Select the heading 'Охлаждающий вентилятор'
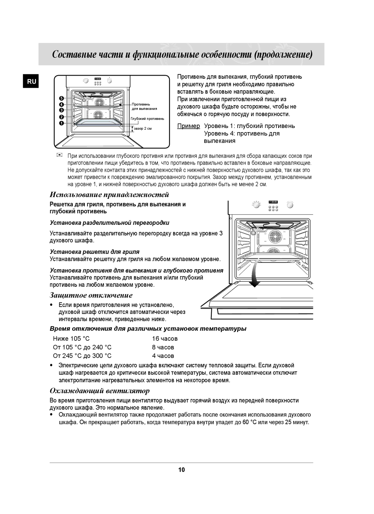(x=100, y=391)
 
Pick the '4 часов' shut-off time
(x=163, y=356)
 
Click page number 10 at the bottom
(x=181, y=469)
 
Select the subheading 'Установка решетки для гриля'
(x=95, y=251)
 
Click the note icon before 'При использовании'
(x=60, y=156)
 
